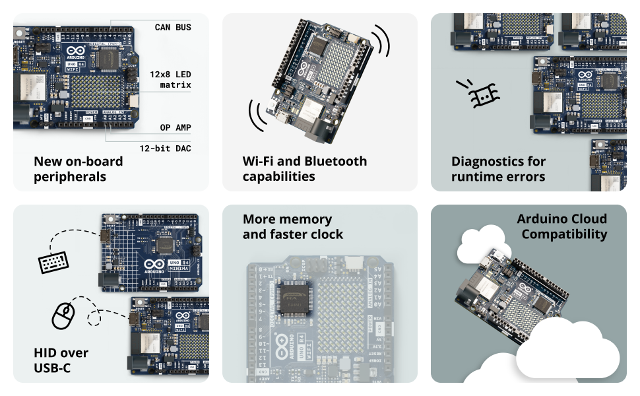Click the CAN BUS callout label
pyautogui.click(x=173, y=27)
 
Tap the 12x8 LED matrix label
pyautogui.click(x=170, y=79)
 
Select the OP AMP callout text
pyautogui.click(x=175, y=127)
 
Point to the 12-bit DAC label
pyautogui.click(x=165, y=148)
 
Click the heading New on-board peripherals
pyautogui.click(x=78, y=169)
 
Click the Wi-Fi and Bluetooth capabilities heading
pyautogui.click(x=304, y=169)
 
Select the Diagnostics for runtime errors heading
pyautogui.click(x=498, y=169)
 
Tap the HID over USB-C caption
pyautogui.click(x=61, y=360)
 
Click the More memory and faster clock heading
pyautogui.click(x=293, y=226)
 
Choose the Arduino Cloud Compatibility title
pyautogui.click(x=561, y=226)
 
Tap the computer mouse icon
pyautogui.click(x=63, y=316)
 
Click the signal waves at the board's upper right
pyautogui.click(x=380, y=42)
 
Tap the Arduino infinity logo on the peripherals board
pyautogui.click(x=75, y=51)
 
